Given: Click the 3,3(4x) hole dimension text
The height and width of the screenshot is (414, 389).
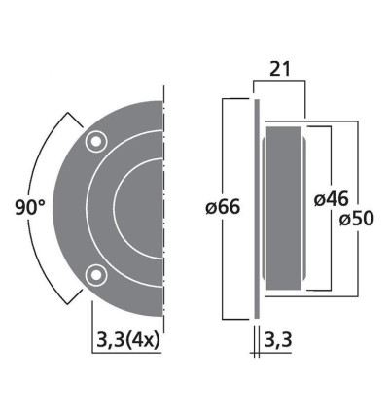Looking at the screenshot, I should [128, 339].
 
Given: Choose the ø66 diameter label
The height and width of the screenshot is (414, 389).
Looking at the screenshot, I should [224, 207].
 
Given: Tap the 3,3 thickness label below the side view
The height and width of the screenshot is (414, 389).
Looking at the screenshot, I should [276, 339].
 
